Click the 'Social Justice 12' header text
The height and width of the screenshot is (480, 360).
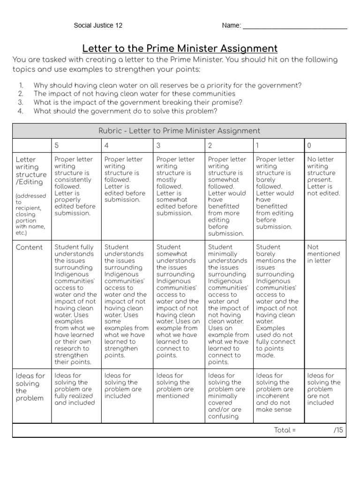click(98, 25)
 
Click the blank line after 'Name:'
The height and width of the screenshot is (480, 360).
click(295, 26)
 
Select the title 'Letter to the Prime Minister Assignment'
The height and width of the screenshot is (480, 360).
click(180, 48)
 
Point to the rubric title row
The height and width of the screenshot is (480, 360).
click(180, 131)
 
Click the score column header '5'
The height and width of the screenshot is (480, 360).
click(57, 145)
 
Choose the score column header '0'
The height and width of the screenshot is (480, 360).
click(309, 145)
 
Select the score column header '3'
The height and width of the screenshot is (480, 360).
click(158, 145)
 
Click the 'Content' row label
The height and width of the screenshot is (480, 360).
click(29, 247)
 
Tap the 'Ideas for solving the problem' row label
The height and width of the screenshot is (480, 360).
click(30, 387)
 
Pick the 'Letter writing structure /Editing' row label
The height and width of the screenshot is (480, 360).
click(31, 171)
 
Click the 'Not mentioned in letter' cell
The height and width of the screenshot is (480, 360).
click(323, 254)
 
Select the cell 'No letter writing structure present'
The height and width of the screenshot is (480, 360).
click(323, 176)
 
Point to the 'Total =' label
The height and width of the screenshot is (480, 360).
click(285, 430)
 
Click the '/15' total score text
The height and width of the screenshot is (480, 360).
click(338, 430)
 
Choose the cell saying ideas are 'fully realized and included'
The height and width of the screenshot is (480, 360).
click(75, 389)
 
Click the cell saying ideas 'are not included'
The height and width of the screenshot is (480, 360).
click(323, 389)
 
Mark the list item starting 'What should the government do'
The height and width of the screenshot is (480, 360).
click(125, 111)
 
